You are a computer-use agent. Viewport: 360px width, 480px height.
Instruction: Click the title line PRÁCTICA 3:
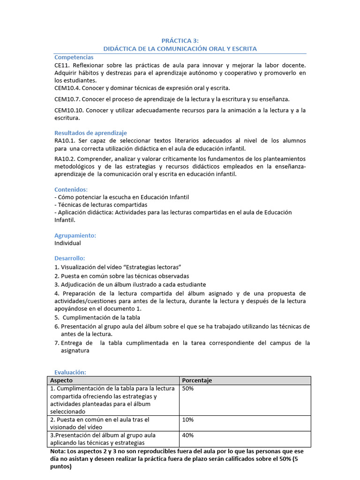point(180,41)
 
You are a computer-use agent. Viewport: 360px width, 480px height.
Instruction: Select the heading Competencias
point(74,57)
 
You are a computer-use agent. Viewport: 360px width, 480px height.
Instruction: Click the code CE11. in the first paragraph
point(62,65)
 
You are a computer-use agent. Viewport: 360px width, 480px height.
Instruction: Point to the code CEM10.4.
point(67,88)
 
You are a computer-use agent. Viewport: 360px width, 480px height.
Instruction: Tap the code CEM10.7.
point(67,99)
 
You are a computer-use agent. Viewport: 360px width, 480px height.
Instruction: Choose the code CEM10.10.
point(69,110)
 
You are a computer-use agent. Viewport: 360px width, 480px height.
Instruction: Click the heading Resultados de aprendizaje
point(90,133)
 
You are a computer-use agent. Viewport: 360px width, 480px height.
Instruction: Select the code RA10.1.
point(65,141)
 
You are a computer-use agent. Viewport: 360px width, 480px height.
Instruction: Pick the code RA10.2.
point(65,159)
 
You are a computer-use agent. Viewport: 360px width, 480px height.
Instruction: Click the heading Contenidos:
point(71,189)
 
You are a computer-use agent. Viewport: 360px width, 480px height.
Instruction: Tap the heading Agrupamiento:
point(75,235)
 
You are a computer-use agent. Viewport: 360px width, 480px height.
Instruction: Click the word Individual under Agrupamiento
point(67,243)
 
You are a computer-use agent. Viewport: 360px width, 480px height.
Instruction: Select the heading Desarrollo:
point(70,258)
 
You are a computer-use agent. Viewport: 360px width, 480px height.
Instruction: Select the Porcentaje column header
point(196,380)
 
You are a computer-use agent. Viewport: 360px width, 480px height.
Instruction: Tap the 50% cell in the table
point(188,389)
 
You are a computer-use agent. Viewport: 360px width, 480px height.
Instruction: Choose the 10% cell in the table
point(187,420)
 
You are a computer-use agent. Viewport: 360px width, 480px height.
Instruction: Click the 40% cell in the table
point(188,435)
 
